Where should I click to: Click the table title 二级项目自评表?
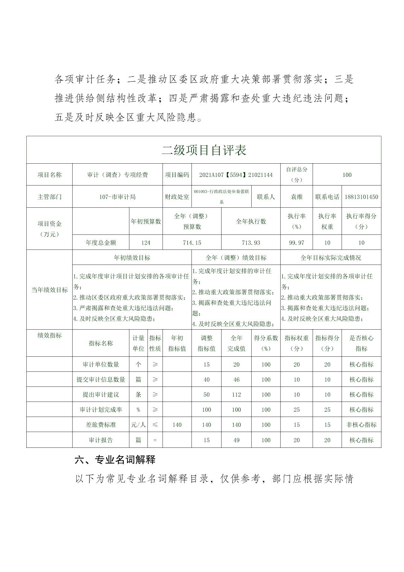[x=204, y=150]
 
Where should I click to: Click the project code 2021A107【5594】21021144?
[x=236, y=175]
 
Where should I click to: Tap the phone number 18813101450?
[x=361, y=197]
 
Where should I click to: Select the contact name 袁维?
[x=296, y=197]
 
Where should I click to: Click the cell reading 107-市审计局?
[x=117, y=197]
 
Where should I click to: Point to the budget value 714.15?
[x=192, y=243]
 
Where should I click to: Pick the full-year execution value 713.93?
[x=251, y=243]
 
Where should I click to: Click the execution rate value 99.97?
[x=296, y=243]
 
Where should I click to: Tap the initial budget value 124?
[x=146, y=243]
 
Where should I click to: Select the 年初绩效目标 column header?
[x=132, y=258]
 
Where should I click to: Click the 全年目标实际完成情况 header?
[x=331, y=258]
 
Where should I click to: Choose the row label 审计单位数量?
[x=101, y=364]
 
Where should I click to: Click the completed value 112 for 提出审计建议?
[x=236, y=394]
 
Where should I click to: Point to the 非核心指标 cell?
[x=361, y=424]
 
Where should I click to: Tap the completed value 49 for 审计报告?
[x=236, y=440]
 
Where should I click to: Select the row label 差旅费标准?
[x=101, y=424]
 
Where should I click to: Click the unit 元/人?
[x=138, y=424]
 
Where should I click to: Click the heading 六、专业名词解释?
[x=115, y=459]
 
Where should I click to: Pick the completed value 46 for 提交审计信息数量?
[x=236, y=379]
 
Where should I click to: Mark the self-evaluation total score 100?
[x=347, y=175]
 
